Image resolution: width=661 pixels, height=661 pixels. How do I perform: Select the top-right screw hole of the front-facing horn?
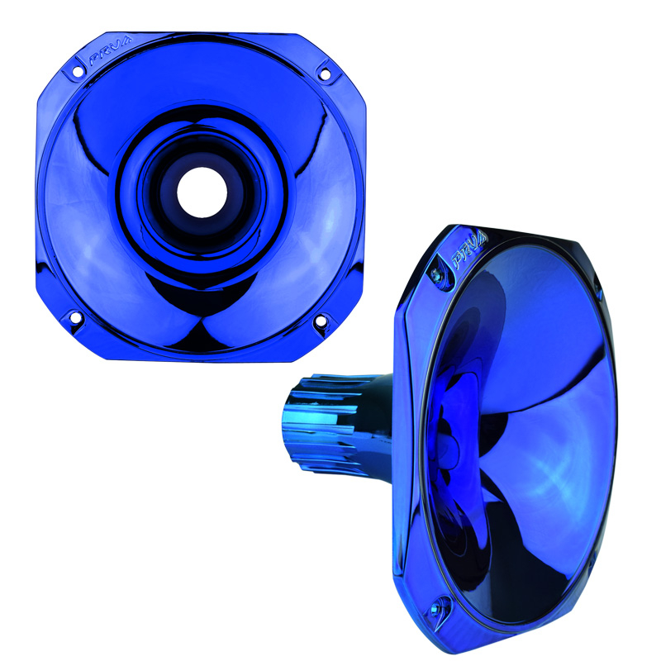point(324,72)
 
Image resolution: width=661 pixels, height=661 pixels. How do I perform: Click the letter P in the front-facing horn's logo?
point(93,61)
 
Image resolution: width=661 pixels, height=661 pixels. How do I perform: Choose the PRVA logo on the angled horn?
point(468,250)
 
